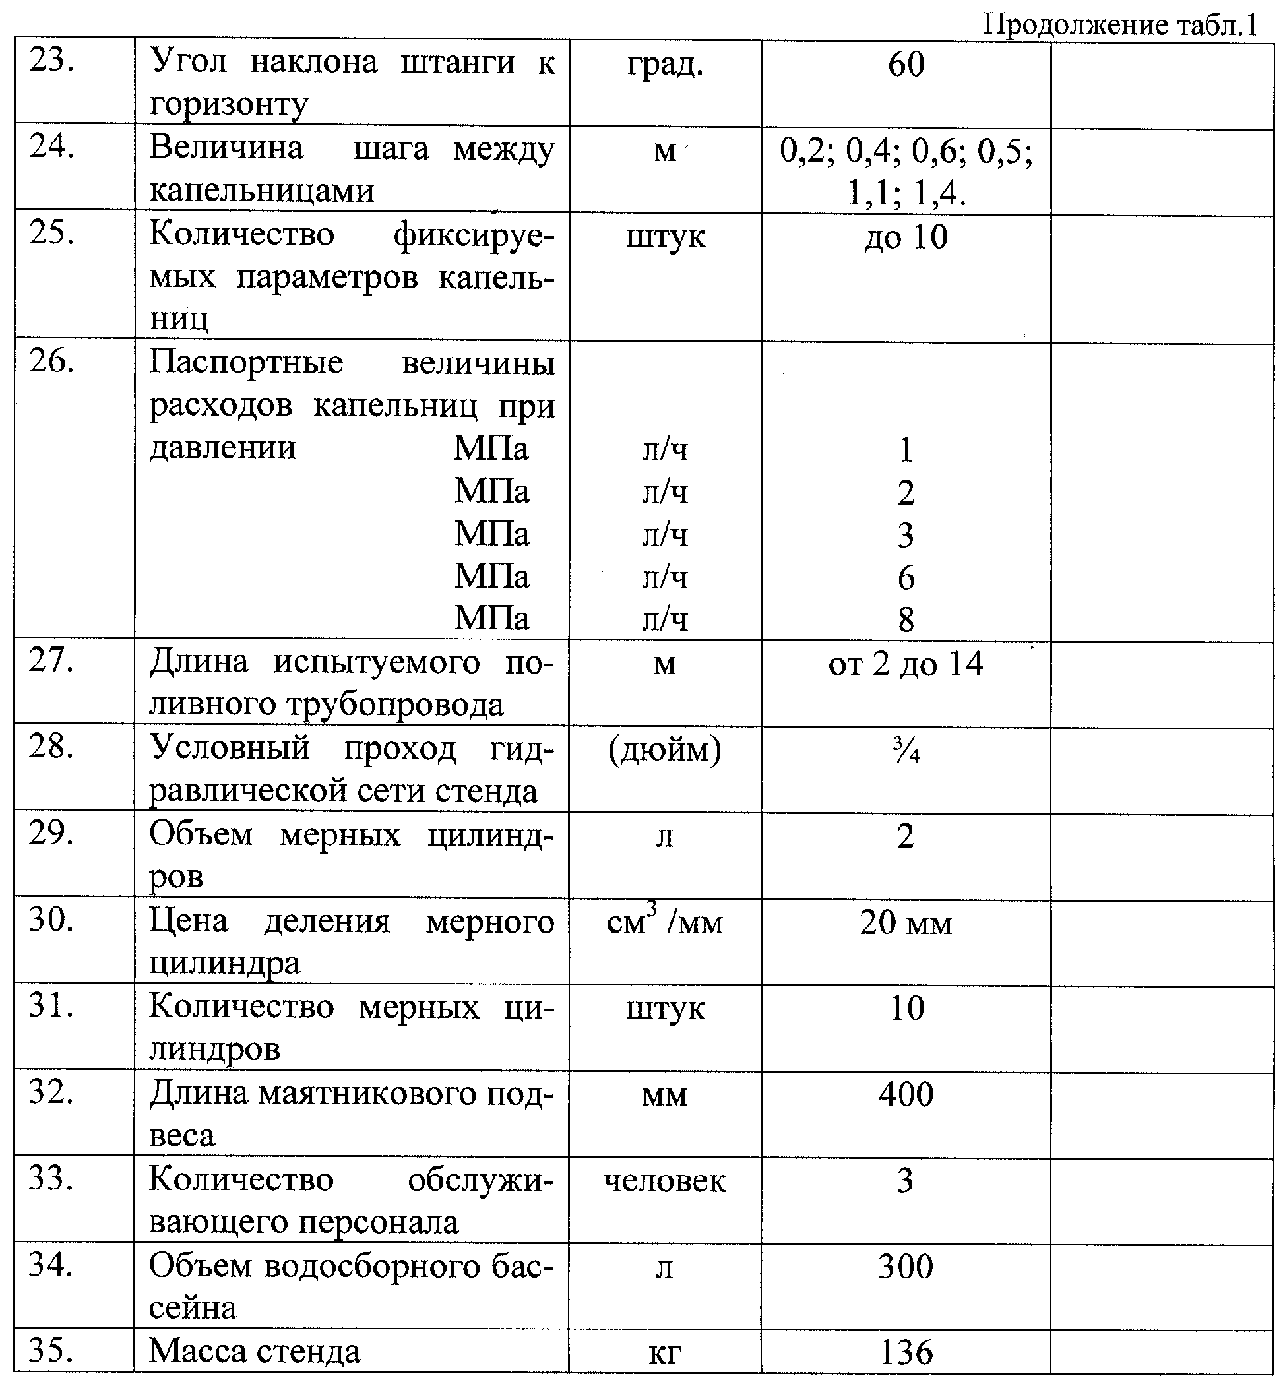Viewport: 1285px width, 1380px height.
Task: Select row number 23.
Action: [52, 61]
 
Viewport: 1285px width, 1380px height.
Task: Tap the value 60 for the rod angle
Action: [906, 65]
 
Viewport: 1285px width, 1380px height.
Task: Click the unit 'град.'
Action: [665, 65]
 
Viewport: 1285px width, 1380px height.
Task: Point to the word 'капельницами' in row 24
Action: [262, 189]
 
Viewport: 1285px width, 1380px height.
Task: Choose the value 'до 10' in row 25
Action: [906, 237]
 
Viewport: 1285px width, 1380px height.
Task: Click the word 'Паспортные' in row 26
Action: [247, 361]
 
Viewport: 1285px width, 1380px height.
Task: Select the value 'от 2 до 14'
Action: [906, 664]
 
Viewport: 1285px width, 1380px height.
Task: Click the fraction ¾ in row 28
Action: [906, 751]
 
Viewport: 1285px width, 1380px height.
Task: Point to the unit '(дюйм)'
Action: [665, 749]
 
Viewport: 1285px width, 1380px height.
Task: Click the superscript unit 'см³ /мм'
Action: [665, 922]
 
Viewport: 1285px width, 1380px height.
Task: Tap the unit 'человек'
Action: [665, 1181]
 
